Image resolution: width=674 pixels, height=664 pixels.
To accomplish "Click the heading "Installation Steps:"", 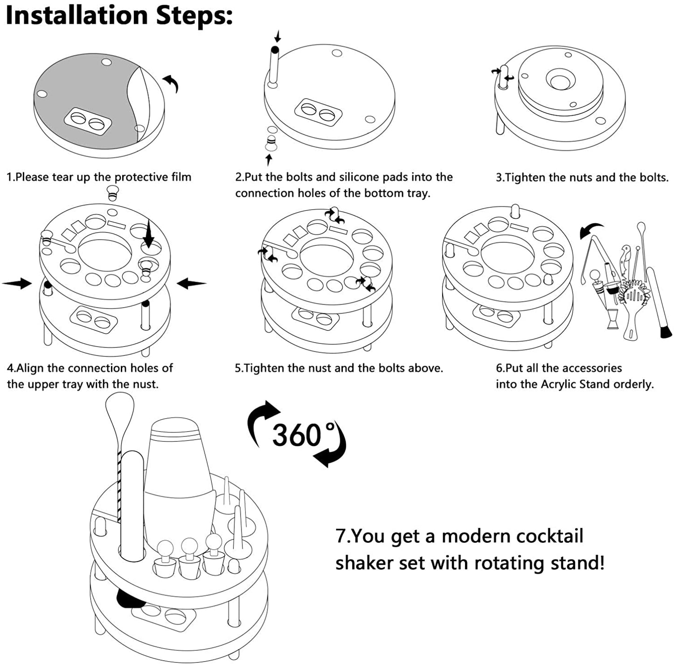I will pos(119,15).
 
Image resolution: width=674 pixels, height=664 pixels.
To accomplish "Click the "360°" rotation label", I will pos(297,435).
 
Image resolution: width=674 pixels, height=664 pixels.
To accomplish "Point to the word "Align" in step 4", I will pos(31,368).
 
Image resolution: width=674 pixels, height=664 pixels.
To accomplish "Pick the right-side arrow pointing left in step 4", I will pos(191,283).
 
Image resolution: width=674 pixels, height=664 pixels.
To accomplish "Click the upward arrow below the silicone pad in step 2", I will pos(269,160).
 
